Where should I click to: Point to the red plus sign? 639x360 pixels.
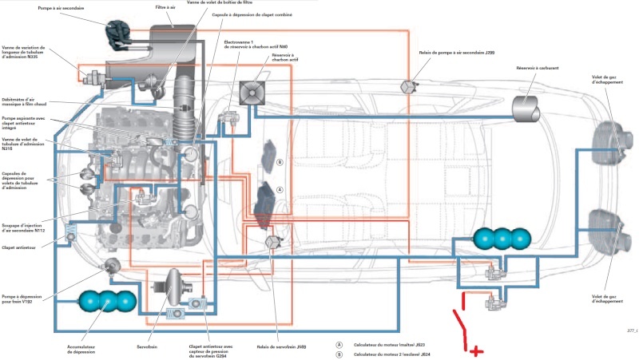(475, 350)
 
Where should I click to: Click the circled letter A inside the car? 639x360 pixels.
(279, 190)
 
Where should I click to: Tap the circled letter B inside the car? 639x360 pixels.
(279, 162)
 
